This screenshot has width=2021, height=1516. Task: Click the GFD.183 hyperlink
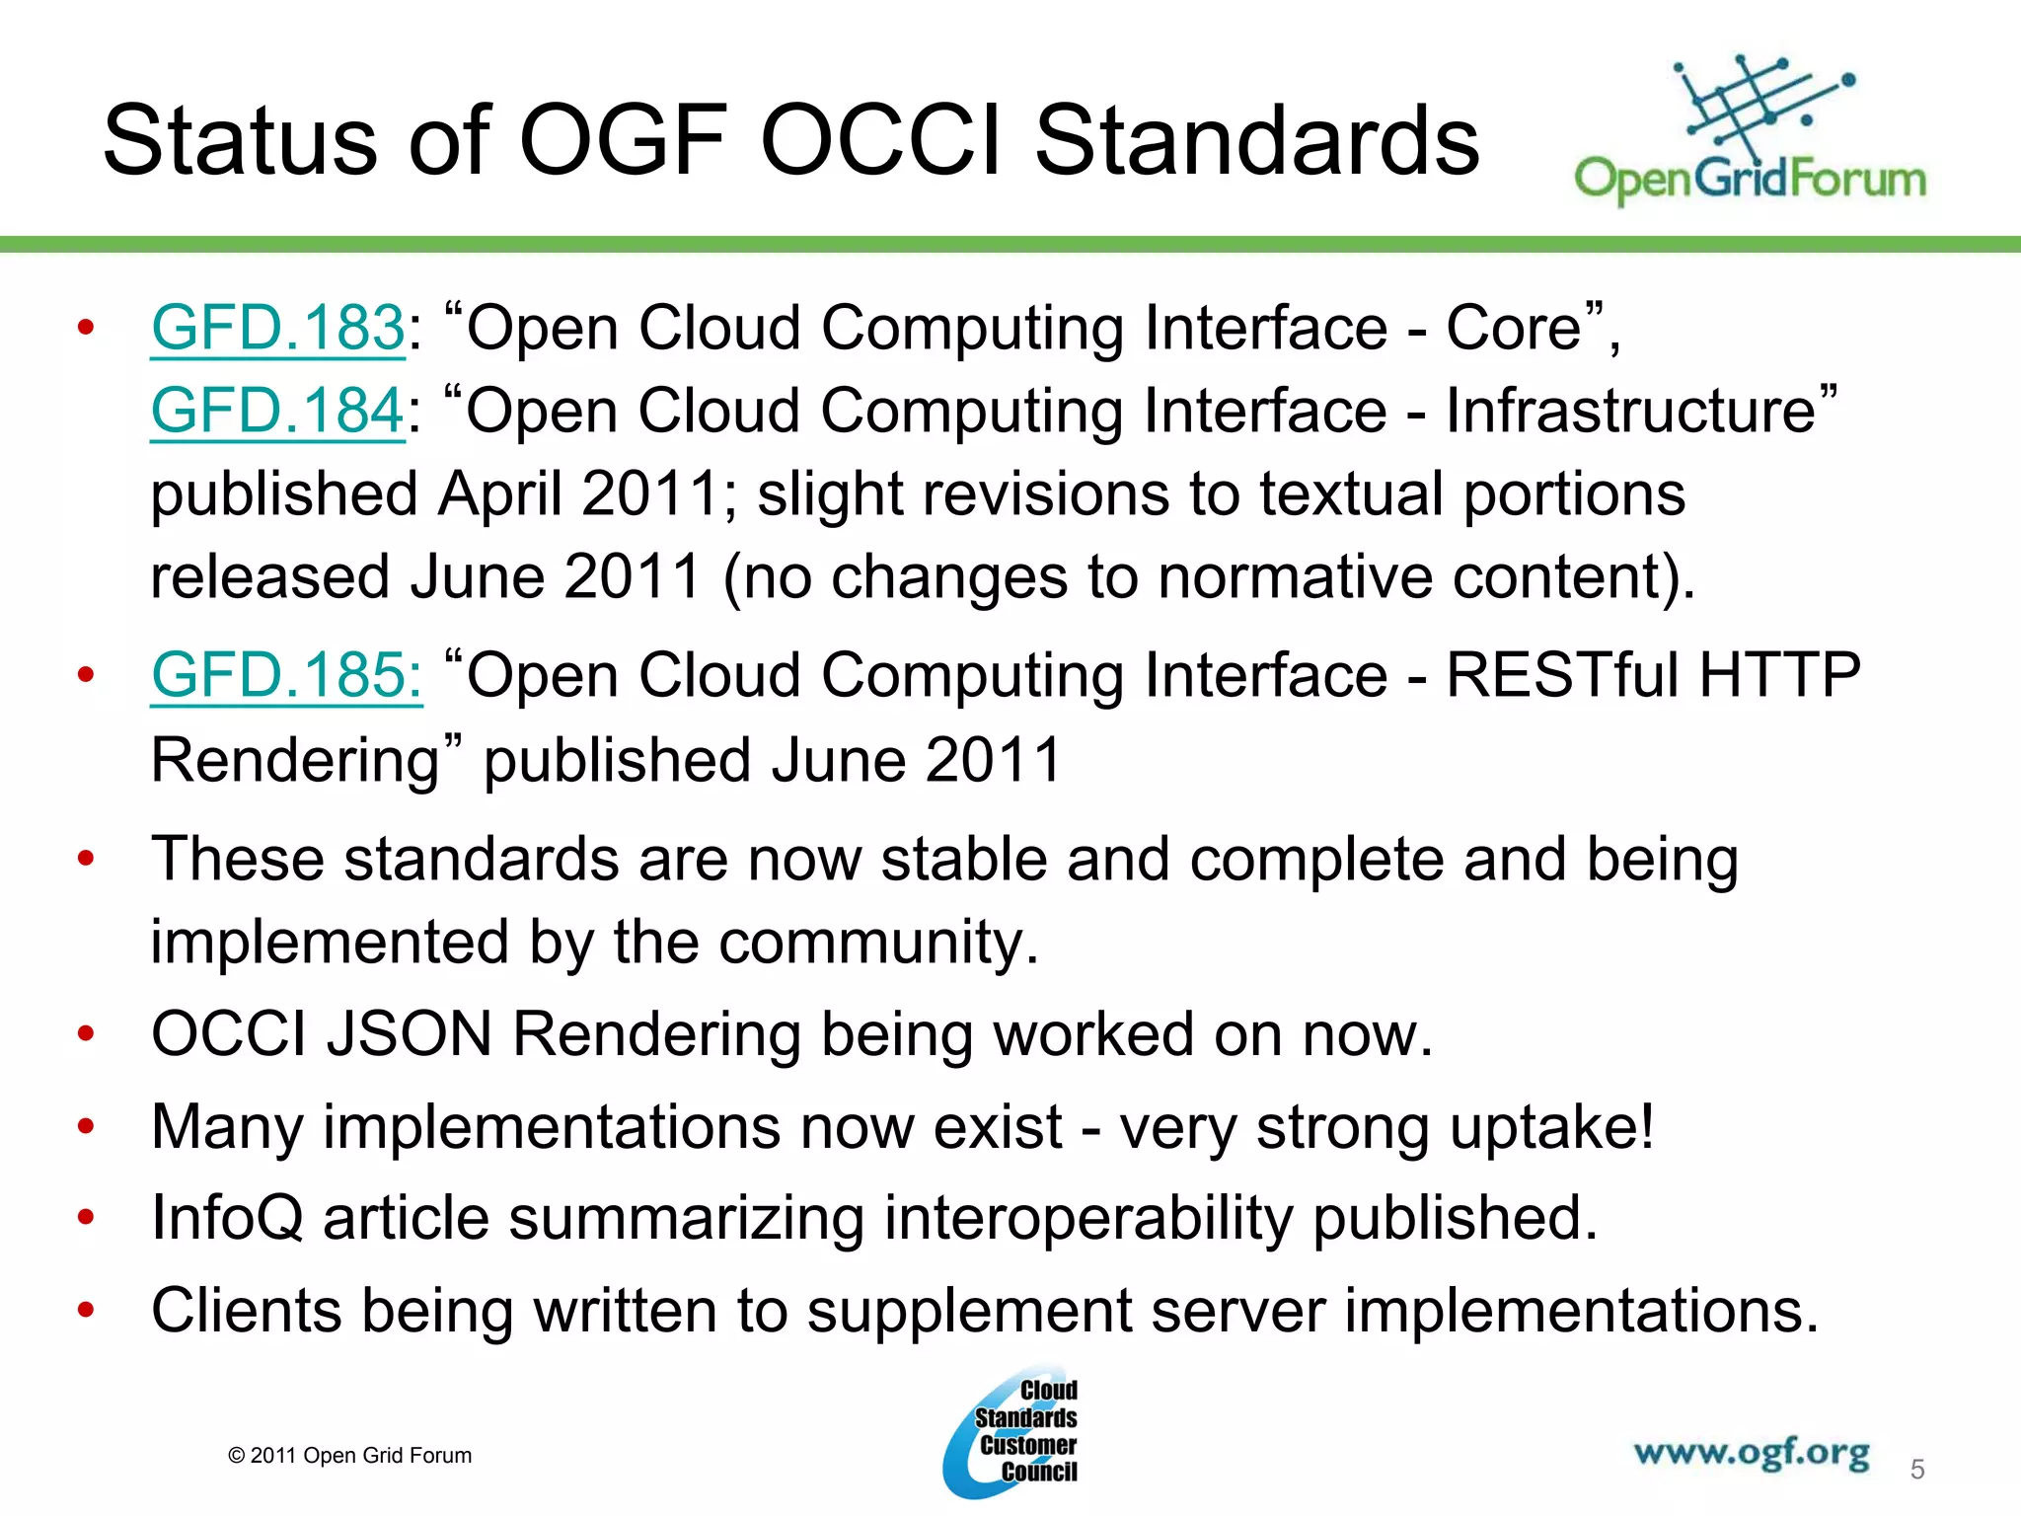click(x=277, y=328)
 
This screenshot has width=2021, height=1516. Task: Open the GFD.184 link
click(x=277, y=411)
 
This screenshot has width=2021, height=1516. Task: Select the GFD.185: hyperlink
click(x=286, y=676)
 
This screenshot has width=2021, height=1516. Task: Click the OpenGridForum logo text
click(x=1750, y=180)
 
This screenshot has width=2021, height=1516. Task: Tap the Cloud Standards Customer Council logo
click(x=1011, y=1433)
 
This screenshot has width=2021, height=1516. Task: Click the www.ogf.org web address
click(x=1751, y=1453)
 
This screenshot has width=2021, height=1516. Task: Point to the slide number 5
click(x=1916, y=1470)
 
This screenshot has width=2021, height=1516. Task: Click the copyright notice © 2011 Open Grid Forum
click(x=349, y=1456)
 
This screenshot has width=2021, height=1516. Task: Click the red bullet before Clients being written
click(x=86, y=1311)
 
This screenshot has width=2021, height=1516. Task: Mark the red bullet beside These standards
click(x=86, y=859)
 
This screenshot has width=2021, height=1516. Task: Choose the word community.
click(x=877, y=943)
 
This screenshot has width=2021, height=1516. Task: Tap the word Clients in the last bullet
click(x=246, y=1311)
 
